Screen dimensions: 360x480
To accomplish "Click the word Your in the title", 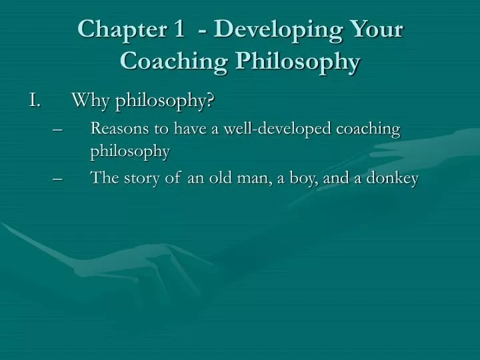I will pos(375,31).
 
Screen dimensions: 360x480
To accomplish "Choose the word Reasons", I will pos(117,128).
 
